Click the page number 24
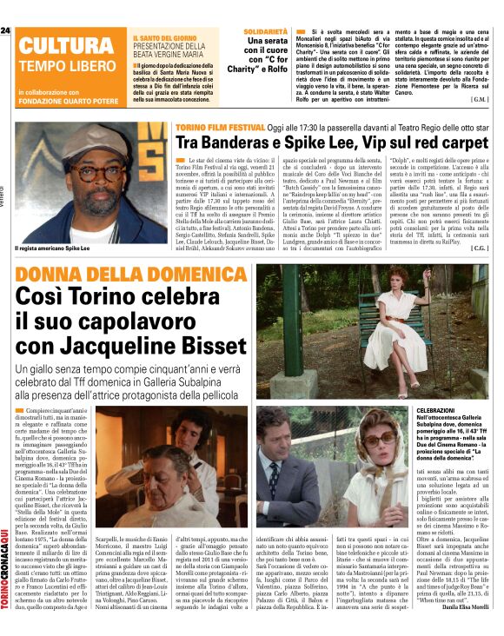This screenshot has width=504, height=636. click(x=5, y=30)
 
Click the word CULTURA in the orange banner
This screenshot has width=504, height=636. click(x=64, y=47)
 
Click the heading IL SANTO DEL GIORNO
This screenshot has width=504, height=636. click(x=162, y=38)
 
